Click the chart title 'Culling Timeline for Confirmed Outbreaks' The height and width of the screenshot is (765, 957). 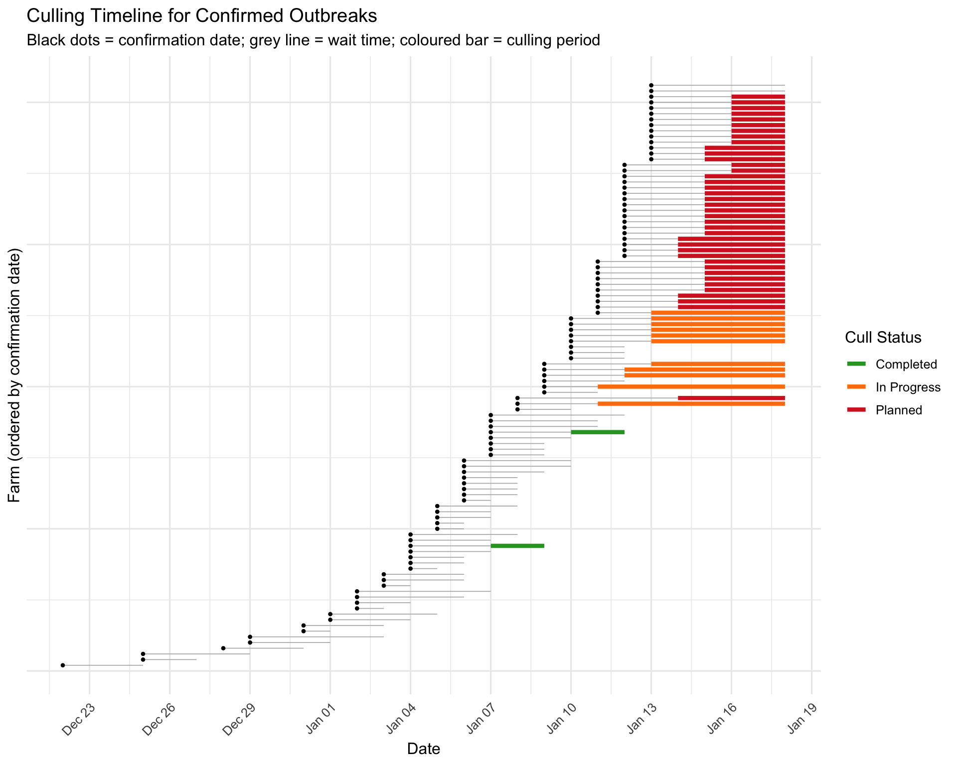(x=201, y=16)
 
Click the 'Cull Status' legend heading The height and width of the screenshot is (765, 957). (x=883, y=338)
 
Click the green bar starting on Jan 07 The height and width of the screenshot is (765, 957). (x=517, y=546)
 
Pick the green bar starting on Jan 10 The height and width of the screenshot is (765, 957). (x=598, y=432)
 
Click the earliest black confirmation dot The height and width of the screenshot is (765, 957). (x=63, y=665)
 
